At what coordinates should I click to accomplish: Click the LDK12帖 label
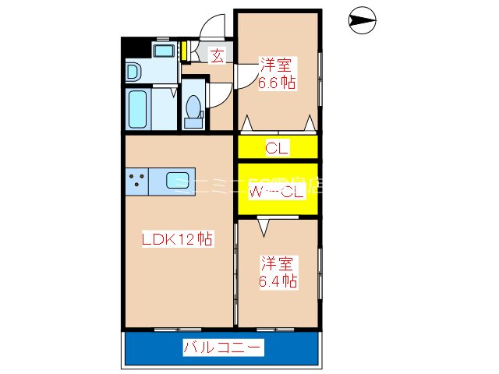click(178, 240)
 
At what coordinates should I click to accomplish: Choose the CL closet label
click(277, 147)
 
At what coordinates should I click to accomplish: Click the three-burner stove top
click(137, 181)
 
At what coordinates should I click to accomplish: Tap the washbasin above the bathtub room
click(133, 72)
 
